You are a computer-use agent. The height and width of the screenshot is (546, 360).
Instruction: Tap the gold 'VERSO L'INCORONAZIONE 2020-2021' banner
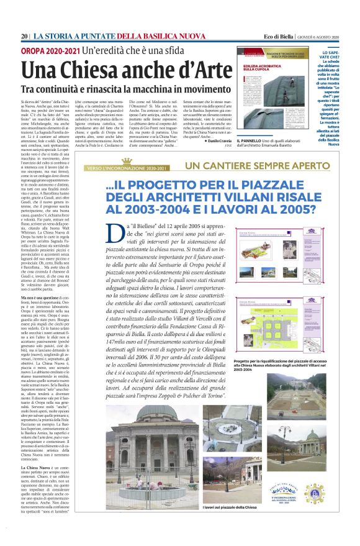128,168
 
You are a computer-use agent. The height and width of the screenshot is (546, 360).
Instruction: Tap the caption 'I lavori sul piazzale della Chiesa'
229,508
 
